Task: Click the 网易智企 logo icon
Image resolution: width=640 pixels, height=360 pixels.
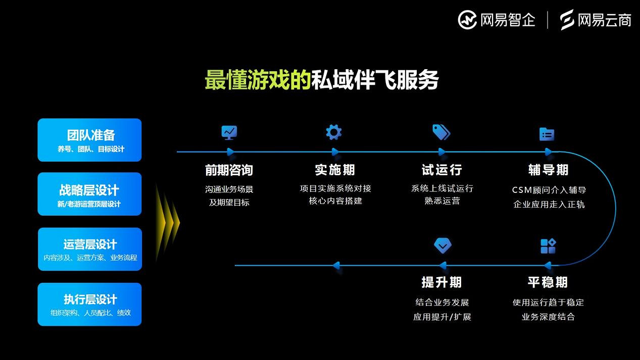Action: [467, 20]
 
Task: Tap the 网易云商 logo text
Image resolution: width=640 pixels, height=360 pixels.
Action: [605, 20]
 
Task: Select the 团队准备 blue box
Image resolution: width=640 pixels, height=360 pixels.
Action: [90, 140]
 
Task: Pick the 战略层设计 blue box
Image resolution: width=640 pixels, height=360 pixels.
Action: [90, 194]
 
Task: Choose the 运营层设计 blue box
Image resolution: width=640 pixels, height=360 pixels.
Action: [90, 249]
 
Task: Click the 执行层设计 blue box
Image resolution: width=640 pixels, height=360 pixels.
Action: [90, 304]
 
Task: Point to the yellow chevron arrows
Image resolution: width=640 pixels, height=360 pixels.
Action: [168, 222]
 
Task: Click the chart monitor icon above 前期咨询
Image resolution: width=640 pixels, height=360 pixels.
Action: [229, 132]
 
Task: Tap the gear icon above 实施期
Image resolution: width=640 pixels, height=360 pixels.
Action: [334, 132]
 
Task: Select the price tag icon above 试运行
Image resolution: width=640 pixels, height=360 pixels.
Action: [441, 132]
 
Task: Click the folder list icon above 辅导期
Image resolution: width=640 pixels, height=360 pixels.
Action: [547, 134]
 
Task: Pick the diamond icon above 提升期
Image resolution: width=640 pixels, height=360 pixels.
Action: [442, 245]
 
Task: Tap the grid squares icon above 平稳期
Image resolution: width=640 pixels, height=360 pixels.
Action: [548, 246]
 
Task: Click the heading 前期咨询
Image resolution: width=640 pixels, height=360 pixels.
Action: [229, 170]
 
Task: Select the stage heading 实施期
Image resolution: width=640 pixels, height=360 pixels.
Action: [335, 170]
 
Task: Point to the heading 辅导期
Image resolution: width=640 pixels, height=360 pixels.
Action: [549, 170]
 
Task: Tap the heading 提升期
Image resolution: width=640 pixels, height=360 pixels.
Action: [442, 282]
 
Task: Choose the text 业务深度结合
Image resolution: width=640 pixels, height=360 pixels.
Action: [548, 317]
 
